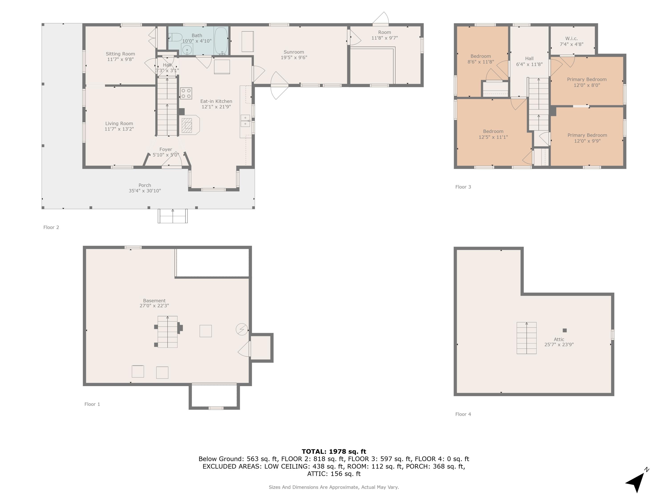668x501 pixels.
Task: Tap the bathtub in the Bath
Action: point(221,41)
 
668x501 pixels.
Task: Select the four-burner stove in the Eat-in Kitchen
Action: point(186,93)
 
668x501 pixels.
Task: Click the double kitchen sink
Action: point(245,121)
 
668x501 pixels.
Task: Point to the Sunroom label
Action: point(293,52)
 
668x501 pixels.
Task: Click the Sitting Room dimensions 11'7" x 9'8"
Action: point(120,59)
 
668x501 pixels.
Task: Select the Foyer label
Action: point(165,149)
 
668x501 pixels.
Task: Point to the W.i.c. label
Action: point(571,38)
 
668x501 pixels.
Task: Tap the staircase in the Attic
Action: point(526,338)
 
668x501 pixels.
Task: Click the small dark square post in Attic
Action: point(564,330)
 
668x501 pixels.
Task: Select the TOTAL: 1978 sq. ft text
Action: point(334,452)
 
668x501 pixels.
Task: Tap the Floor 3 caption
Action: point(463,187)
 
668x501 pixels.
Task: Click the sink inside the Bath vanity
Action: point(187,49)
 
